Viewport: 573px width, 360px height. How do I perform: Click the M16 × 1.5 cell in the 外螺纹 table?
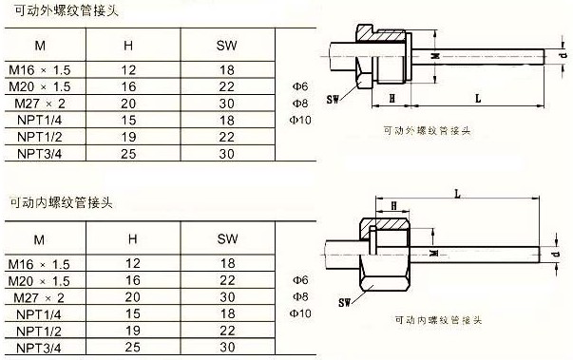tap(40, 69)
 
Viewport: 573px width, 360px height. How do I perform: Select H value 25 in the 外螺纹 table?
tap(128, 154)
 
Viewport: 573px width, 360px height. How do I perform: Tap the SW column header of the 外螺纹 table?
tap(226, 46)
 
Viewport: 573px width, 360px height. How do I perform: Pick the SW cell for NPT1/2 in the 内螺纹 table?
tap(227, 331)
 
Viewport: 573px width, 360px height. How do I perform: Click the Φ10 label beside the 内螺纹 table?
tap(300, 313)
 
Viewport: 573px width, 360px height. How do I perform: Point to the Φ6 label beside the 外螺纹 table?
tap(300, 86)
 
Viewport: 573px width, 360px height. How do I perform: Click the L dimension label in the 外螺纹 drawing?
tap(478, 98)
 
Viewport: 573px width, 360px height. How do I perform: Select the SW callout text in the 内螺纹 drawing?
tap(344, 302)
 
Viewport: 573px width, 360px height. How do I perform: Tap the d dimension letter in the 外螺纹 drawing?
tap(563, 55)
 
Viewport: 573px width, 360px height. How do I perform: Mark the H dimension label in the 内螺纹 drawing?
tap(393, 205)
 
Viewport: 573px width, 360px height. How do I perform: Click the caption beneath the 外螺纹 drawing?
tap(427, 131)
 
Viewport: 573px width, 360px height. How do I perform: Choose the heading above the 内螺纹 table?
tap(61, 202)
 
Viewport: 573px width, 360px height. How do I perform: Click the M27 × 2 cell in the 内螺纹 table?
tap(39, 298)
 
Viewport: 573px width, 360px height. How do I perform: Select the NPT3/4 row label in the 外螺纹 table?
tap(40, 154)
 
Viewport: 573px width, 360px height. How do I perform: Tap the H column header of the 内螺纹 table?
tap(133, 238)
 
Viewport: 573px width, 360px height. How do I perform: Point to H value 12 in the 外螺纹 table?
tap(128, 69)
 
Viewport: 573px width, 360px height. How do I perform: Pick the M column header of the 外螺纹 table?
tap(40, 46)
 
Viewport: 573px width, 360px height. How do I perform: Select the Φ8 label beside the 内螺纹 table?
tap(300, 297)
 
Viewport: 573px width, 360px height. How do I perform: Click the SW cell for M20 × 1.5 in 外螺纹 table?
tap(226, 86)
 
